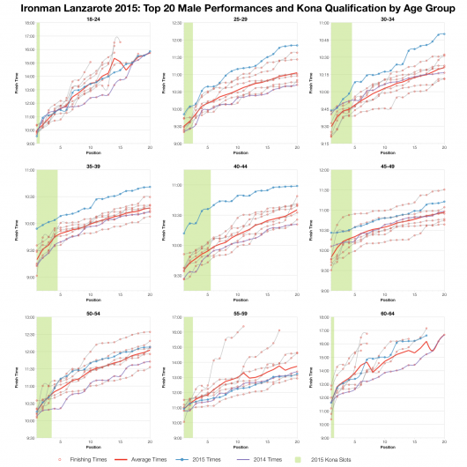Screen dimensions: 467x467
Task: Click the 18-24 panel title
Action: click(93, 18)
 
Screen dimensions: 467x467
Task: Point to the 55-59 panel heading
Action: click(240, 311)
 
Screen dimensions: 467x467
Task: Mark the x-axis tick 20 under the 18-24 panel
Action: click(150, 147)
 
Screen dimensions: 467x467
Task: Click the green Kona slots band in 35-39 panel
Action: click(46, 229)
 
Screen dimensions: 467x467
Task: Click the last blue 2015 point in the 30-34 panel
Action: click(444, 34)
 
